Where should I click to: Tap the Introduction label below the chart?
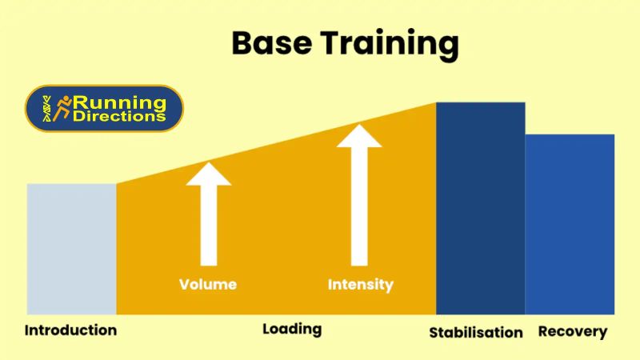point(70,330)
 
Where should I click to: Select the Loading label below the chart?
point(292,329)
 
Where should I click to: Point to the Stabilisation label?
point(476,332)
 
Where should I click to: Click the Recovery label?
point(573,331)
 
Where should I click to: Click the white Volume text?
point(208,284)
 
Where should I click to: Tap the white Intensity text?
point(361,284)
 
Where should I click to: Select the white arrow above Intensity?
point(359,200)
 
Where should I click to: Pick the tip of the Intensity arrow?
point(359,126)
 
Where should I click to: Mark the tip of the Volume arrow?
point(208,164)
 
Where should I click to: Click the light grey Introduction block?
point(71,248)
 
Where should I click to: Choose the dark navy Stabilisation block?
point(480,208)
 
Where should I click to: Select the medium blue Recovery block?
point(570,224)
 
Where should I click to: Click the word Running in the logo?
point(120,102)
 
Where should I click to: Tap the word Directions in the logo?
point(120,117)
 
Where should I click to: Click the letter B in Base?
point(243,44)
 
